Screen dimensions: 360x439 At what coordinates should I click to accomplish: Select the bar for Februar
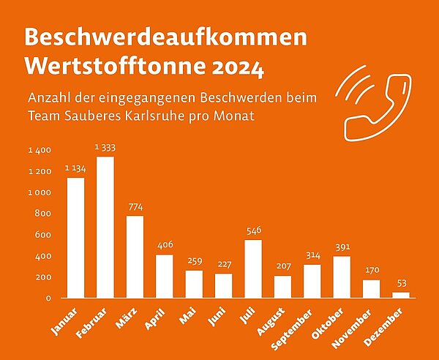click(x=105, y=228)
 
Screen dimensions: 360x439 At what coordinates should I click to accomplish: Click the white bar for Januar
click(x=75, y=238)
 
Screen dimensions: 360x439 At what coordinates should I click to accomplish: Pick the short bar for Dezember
click(x=401, y=295)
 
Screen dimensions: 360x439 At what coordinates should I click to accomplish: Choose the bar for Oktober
click(x=342, y=277)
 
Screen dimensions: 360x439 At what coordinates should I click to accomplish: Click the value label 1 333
click(x=105, y=148)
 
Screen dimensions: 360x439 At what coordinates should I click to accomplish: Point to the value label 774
click(x=135, y=207)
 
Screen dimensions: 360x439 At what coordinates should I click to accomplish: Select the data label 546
click(x=254, y=231)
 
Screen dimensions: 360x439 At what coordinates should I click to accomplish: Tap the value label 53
click(x=402, y=283)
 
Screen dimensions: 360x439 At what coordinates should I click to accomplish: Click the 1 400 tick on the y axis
click(x=40, y=150)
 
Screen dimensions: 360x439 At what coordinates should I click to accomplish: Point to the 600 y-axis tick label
click(x=43, y=235)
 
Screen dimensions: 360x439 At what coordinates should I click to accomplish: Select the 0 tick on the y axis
click(x=48, y=299)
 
